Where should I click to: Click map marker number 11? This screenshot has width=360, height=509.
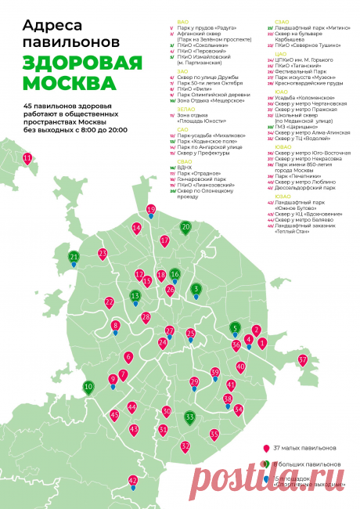pyautogui.click(x=28, y=159)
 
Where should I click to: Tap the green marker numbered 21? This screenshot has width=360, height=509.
pyautogui.click(x=74, y=257)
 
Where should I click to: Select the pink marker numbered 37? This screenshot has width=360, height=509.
pyautogui.click(x=302, y=360)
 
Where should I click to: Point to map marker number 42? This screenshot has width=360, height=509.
pyautogui.click(x=133, y=481)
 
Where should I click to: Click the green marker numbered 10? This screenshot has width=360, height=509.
pyautogui.click(x=88, y=386)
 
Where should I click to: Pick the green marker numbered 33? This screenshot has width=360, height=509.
pyautogui.click(x=190, y=417)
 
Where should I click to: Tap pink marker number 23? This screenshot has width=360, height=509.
pyautogui.click(x=103, y=254)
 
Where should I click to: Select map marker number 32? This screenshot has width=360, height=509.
pyautogui.click(x=185, y=446)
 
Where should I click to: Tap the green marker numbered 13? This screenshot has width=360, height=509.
pyautogui.click(x=135, y=296)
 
